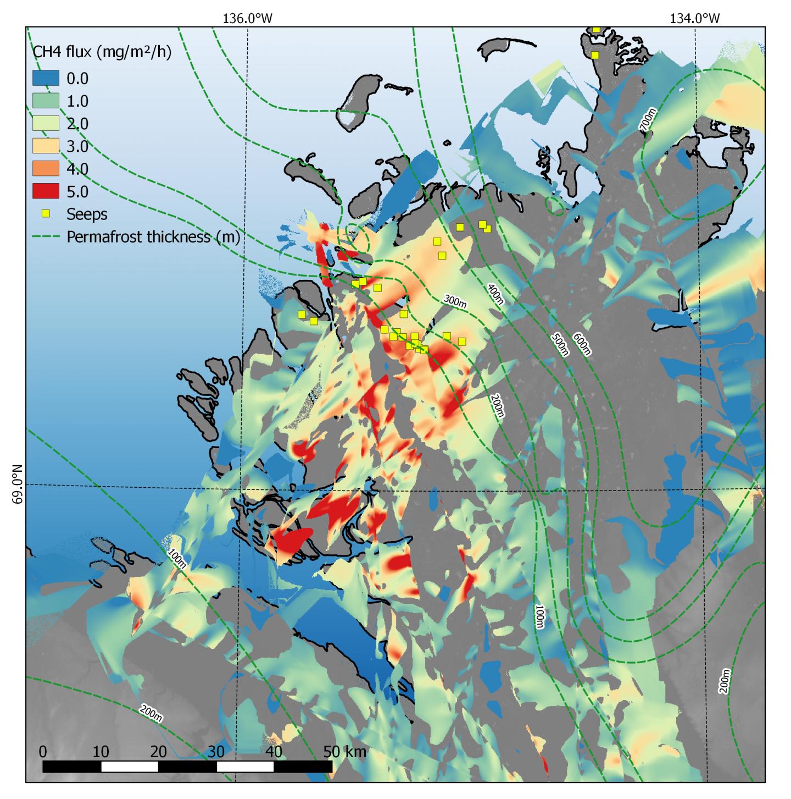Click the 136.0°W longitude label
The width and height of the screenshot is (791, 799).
click(247, 18)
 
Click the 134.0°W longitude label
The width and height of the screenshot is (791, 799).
click(694, 18)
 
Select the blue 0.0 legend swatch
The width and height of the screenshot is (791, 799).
click(45, 78)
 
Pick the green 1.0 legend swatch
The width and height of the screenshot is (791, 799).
click(45, 101)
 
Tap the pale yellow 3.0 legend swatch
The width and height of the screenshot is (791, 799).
click(45, 146)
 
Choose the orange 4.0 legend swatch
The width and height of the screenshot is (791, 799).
click(45, 169)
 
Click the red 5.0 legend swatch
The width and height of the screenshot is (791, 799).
click(45, 191)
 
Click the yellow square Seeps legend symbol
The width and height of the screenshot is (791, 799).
click(46, 213)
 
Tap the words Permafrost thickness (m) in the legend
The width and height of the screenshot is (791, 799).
click(153, 236)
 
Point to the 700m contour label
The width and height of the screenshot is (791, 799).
click(648, 120)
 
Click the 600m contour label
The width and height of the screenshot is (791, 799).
click(582, 344)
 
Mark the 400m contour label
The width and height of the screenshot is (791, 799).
click(495, 294)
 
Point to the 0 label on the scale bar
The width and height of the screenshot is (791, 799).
click(43, 751)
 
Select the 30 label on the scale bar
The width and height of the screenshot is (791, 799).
click(216, 751)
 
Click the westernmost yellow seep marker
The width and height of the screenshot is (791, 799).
click(301, 315)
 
